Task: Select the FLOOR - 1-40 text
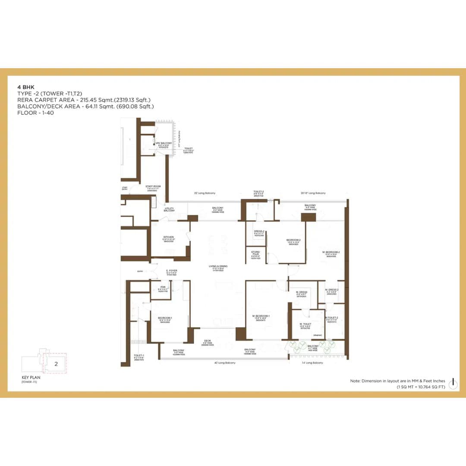point(35,113)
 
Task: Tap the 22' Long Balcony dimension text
point(205,193)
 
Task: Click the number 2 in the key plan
point(56,364)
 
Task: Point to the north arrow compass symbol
point(453,384)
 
